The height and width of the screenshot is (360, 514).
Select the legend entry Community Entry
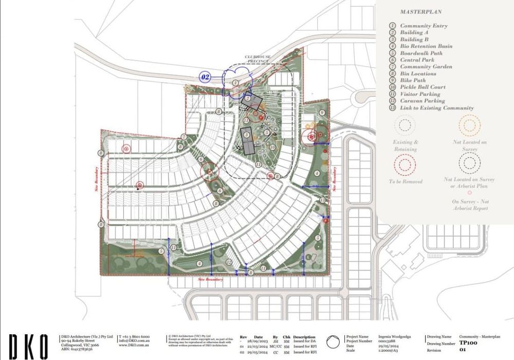424,26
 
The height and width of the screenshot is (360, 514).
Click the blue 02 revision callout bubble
206,77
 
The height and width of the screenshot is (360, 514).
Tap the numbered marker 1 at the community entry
235,82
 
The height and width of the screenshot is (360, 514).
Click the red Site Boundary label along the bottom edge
211,280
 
